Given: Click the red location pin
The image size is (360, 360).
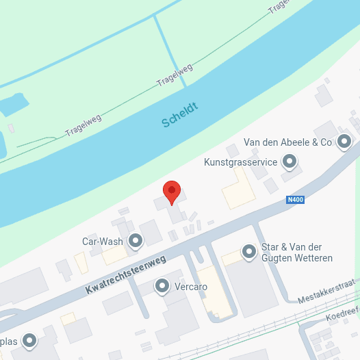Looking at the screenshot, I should (x=171, y=191).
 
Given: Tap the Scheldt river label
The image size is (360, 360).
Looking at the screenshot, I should (x=180, y=115).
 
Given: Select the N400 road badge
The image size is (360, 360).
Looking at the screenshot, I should (x=294, y=200).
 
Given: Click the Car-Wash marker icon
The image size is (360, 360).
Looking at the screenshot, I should (x=136, y=240).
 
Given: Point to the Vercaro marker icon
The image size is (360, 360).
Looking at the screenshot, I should (x=162, y=286).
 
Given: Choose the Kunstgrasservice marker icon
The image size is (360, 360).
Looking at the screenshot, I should (x=290, y=162).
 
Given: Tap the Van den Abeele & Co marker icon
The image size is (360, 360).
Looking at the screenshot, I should (x=344, y=142).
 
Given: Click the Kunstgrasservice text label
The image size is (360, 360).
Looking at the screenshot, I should (x=240, y=162).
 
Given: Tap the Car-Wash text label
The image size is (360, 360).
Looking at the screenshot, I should (x=103, y=241).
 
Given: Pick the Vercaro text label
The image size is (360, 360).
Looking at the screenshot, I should (x=191, y=286).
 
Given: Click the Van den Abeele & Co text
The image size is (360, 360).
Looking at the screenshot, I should (x=287, y=142).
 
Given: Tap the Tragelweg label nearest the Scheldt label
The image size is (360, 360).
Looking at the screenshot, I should (x=175, y=74).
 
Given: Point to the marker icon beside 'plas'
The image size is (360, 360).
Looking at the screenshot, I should (x=29, y=340).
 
